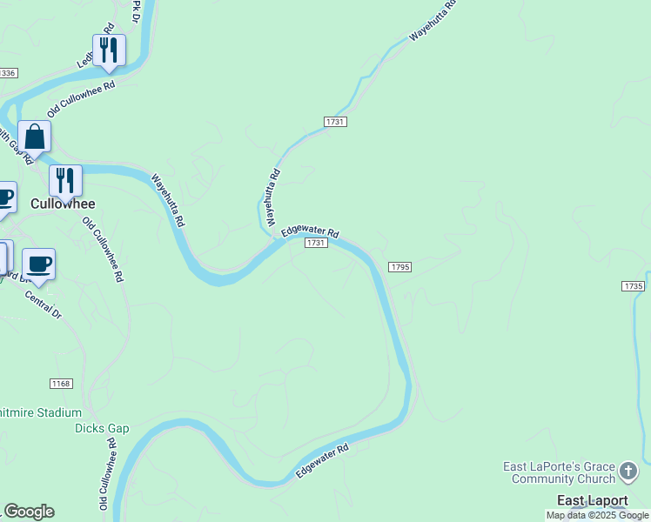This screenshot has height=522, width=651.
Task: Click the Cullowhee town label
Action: (62, 204)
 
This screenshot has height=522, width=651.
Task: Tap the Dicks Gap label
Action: (102, 428)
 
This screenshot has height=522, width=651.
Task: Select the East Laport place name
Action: (593, 500)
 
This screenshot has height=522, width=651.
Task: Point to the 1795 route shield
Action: (400, 266)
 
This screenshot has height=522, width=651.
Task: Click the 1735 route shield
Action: (634, 286)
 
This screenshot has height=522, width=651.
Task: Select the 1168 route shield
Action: (61, 383)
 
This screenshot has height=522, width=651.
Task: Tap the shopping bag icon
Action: (34, 137)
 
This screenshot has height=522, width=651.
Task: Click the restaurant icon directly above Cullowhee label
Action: (65, 180)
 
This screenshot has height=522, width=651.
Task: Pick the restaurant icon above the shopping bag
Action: (109, 50)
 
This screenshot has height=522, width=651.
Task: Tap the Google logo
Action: (29, 512)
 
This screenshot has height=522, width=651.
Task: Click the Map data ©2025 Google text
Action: (597, 515)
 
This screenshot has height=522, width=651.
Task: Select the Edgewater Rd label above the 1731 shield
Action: (310, 232)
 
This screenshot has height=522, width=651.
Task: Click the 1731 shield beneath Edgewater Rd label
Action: (316, 243)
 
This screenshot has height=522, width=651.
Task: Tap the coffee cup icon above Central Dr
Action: (38, 264)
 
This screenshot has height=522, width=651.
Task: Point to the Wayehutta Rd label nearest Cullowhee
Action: (168, 200)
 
